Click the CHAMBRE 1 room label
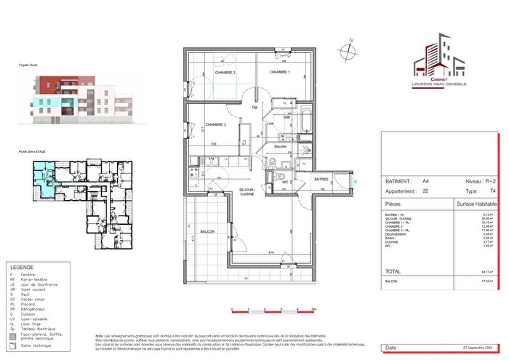point(279,73)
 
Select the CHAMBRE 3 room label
point(216,124)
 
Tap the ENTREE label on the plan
point(321,179)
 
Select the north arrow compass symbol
point(350,50)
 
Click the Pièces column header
point(393,206)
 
